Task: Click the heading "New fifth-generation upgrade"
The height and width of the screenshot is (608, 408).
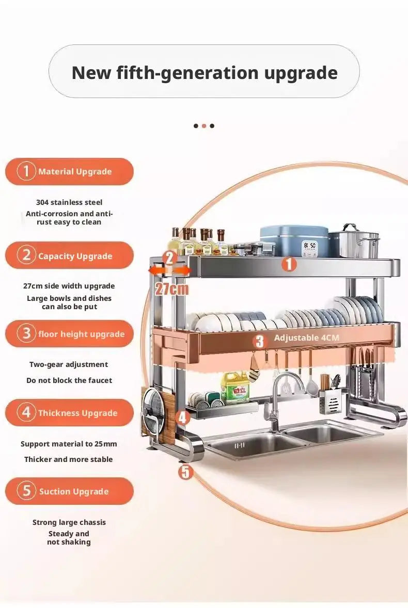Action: tap(205, 72)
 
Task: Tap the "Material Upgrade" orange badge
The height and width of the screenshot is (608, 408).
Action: tap(69, 171)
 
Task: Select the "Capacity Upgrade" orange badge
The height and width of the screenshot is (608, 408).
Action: tap(69, 255)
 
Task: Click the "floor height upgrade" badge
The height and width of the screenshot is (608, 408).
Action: tap(69, 333)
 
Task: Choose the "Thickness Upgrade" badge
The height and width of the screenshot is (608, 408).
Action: tap(69, 412)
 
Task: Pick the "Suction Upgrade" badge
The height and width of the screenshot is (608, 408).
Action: tap(69, 491)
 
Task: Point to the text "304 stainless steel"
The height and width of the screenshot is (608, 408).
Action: tap(69, 202)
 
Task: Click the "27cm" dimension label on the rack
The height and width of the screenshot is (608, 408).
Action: tap(171, 289)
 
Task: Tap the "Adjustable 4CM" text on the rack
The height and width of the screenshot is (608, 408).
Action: tap(306, 338)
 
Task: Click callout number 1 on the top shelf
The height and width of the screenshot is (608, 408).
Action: tap(289, 264)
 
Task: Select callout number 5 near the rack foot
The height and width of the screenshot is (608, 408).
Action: tap(186, 472)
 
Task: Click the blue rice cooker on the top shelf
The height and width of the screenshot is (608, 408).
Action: tap(294, 241)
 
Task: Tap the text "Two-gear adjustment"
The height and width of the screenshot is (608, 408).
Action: tap(69, 364)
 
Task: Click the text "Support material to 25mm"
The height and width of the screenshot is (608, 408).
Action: tap(69, 444)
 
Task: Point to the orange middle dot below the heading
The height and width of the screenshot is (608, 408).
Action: tap(204, 125)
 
